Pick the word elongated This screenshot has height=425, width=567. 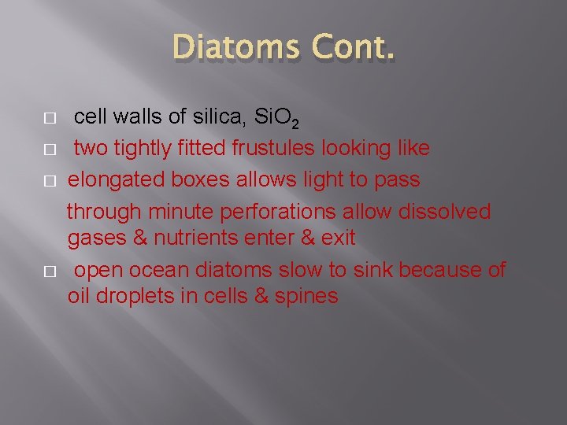[113, 179]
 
